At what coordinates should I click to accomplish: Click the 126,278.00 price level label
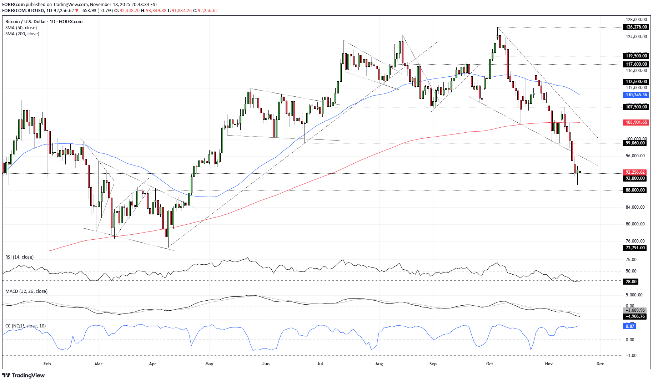pyautogui.click(x=636, y=27)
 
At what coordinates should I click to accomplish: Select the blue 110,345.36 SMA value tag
pyautogui.click(x=636, y=95)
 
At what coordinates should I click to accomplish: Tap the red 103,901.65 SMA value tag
pyautogui.click(x=636, y=122)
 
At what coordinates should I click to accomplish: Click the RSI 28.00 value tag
pyautogui.click(x=631, y=282)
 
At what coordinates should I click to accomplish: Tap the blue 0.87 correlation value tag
pyautogui.click(x=630, y=326)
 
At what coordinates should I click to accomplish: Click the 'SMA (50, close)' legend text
pyautogui.click(x=21, y=28)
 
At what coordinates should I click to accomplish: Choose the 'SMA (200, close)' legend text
pyautogui.click(x=22, y=34)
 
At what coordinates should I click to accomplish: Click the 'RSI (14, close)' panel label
pyautogui.click(x=19, y=257)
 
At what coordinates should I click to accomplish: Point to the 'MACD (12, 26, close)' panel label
pyautogui.click(x=26, y=291)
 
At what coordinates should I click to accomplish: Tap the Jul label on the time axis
pyautogui.click(x=320, y=364)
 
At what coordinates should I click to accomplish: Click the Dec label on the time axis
pyautogui.click(x=600, y=364)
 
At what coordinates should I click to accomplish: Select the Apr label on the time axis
pyautogui.click(x=152, y=364)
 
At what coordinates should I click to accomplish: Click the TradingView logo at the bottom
pyautogui.click(x=24, y=375)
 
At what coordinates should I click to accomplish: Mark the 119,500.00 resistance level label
pyautogui.click(x=636, y=56)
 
